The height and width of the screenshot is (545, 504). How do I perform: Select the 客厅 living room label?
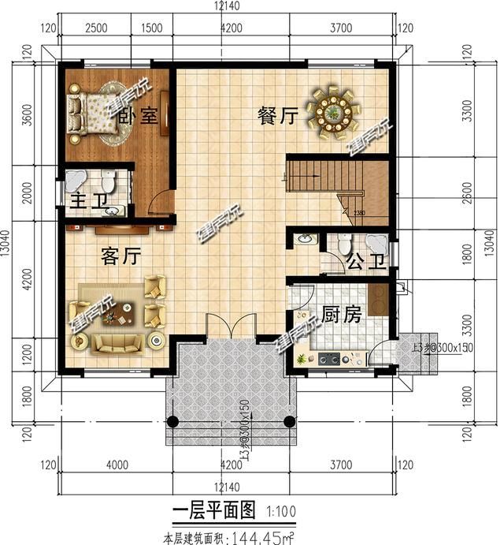pyautogui.click(x=120, y=256)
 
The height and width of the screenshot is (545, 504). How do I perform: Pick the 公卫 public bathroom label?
pyautogui.click(x=367, y=261)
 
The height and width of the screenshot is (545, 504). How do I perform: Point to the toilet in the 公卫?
pyautogui.click(x=343, y=244)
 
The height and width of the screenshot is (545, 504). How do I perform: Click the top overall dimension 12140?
pyautogui.click(x=228, y=6)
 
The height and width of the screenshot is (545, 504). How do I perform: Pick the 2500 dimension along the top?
pyautogui.click(x=96, y=29)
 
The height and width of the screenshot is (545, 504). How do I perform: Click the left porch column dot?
pyautogui.click(x=174, y=420)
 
